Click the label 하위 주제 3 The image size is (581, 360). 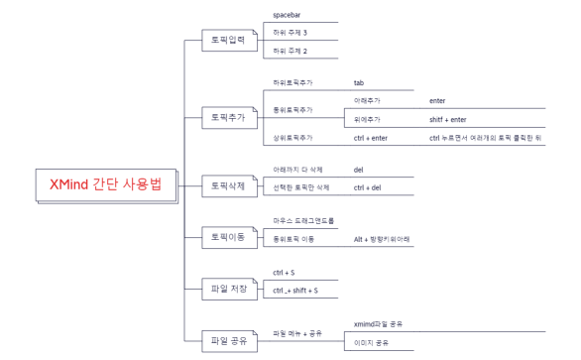pos(290,33)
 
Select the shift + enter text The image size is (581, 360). pos(447,119)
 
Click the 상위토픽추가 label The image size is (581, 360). pos(292,137)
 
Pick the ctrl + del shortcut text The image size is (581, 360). pos(367,187)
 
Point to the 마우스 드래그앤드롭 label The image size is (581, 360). pos(304,220)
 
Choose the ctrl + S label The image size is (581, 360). pos(284,272)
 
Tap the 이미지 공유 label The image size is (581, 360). pos(372,343)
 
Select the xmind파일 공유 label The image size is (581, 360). pos(378,324)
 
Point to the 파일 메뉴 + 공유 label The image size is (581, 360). pos(297,333)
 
